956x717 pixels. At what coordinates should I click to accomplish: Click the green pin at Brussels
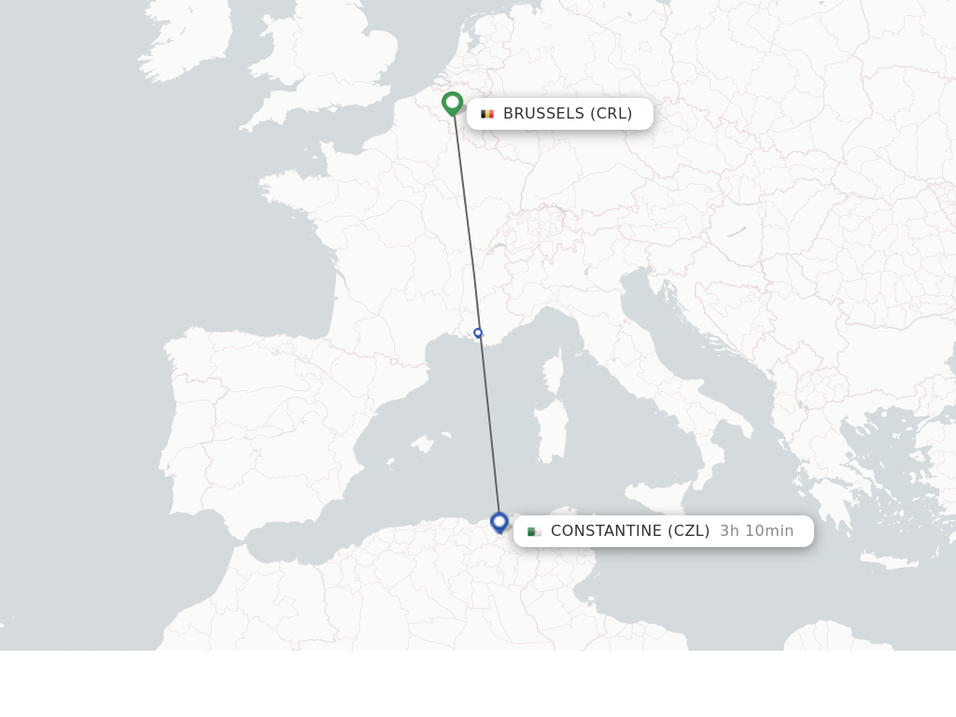pyautogui.click(x=453, y=102)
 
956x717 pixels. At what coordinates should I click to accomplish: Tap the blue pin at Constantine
pyautogui.click(x=499, y=521)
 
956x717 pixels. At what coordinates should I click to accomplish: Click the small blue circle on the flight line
pyautogui.click(x=478, y=332)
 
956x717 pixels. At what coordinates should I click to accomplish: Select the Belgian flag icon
pyautogui.click(x=487, y=114)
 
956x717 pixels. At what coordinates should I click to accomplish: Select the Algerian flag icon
pyautogui.click(x=534, y=531)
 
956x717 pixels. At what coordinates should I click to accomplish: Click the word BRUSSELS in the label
pyautogui.click(x=543, y=114)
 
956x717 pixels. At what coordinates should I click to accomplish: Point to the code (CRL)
pyautogui.click(x=612, y=114)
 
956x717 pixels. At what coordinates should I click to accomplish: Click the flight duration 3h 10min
pyautogui.click(x=756, y=531)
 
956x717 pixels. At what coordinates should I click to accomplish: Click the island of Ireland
pyautogui.click(x=187, y=42)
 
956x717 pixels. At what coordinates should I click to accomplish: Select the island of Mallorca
pyautogui.click(x=424, y=443)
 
